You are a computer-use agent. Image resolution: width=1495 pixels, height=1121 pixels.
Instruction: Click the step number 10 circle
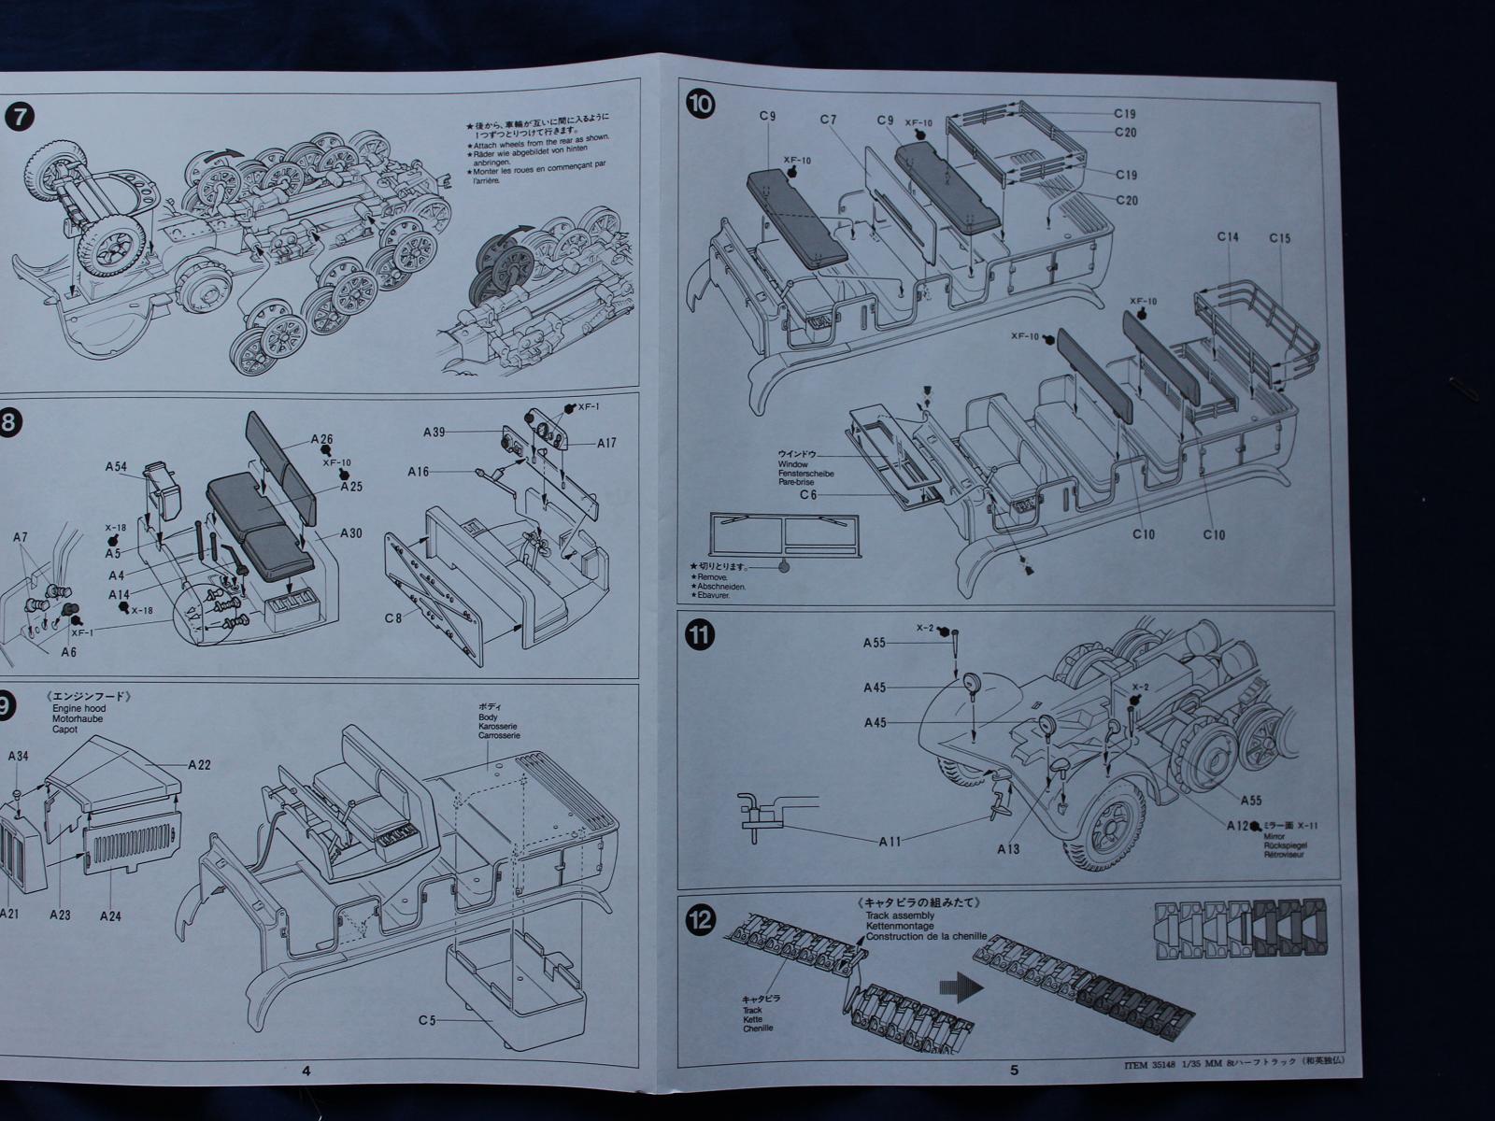point(699,104)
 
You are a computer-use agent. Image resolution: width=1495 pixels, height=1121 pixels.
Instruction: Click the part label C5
point(427,1021)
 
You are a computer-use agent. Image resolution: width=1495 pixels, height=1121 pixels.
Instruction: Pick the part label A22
point(199,765)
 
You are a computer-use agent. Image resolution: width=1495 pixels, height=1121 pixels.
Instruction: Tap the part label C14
point(1228,238)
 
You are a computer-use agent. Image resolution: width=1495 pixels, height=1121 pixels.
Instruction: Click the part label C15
point(1279,238)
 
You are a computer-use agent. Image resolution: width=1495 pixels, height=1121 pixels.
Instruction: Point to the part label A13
point(1008,849)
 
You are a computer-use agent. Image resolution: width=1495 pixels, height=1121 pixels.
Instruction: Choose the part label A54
point(116,465)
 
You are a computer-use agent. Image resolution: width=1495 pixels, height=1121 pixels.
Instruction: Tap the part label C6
point(808,495)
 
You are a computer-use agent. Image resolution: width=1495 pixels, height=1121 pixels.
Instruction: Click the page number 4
point(306,1071)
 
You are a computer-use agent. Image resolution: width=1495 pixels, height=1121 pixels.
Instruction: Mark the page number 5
point(1015,1071)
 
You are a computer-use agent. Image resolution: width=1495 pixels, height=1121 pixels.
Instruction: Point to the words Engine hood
point(78,710)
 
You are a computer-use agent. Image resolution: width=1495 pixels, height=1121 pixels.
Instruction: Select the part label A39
point(434,432)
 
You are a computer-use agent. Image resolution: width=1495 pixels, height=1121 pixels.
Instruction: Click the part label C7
point(828,120)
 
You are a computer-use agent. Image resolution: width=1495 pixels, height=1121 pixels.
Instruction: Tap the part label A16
point(419,472)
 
